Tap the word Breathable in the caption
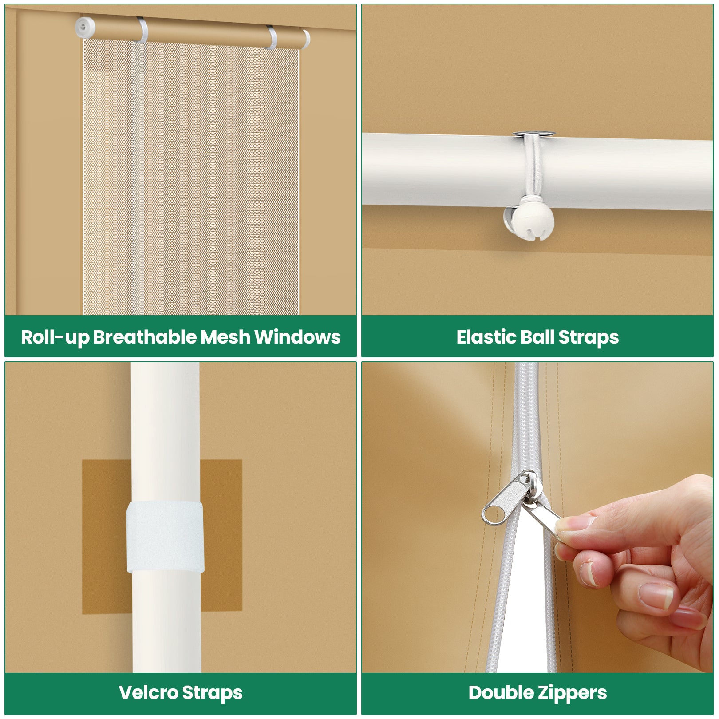pyautogui.click(x=146, y=337)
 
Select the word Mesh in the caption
pyautogui.click(x=225, y=337)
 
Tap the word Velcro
pyautogui.click(x=148, y=693)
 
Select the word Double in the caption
pyautogui.click(x=501, y=693)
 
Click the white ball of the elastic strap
pyautogui.click(x=533, y=221)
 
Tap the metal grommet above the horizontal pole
pyautogui.click(x=533, y=134)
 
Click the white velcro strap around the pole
pyautogui.click(x=165, y=537)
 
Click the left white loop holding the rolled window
pyautogui.click(x=142, y=29)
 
